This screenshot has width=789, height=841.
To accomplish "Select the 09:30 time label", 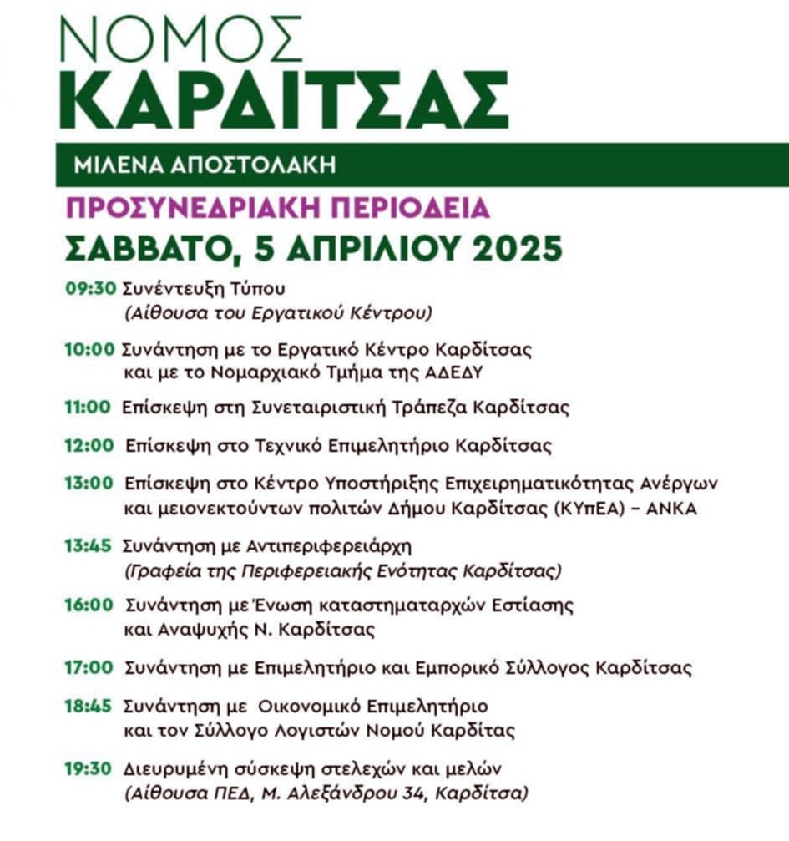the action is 91,290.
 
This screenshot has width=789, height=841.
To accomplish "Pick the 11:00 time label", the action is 88,408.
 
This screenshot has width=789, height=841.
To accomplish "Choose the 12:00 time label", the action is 88,445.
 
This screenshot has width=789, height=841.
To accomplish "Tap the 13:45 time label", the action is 88,546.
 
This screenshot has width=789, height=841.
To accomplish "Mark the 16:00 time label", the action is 88,604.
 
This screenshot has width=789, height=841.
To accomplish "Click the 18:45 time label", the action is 88,705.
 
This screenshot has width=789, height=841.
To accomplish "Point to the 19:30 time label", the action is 88,768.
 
